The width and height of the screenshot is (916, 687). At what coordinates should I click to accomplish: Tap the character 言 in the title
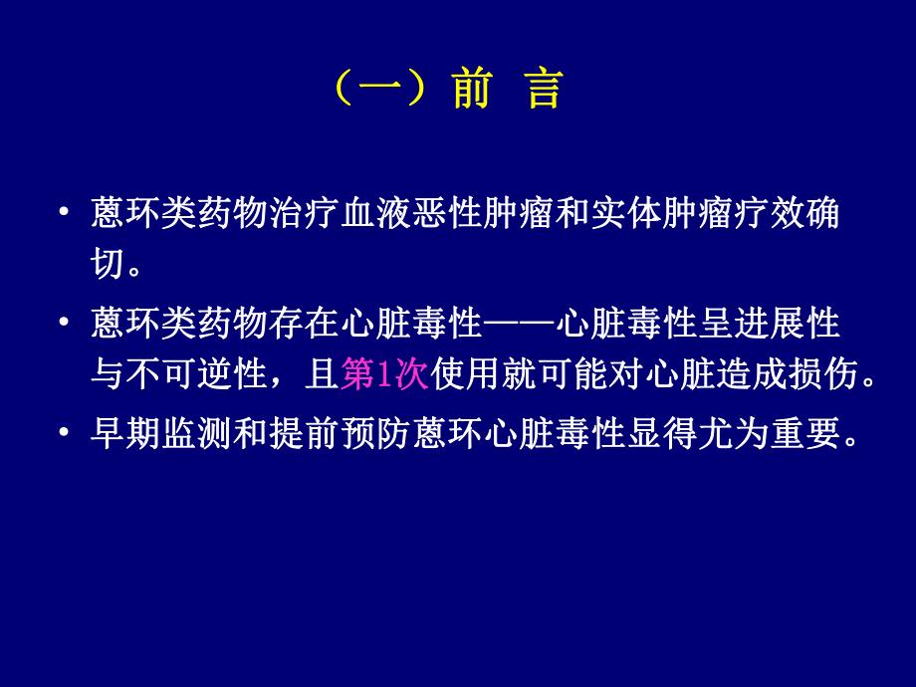543,90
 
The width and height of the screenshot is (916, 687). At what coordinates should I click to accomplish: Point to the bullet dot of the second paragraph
65,325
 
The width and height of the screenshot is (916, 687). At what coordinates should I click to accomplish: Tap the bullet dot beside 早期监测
65,434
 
